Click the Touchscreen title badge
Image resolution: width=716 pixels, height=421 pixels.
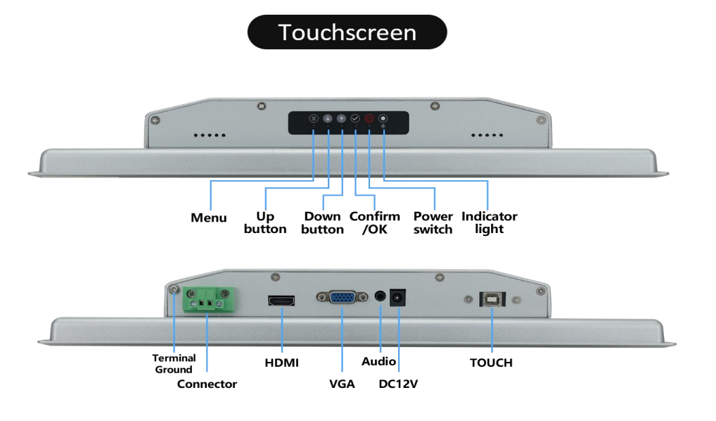pos(347,32)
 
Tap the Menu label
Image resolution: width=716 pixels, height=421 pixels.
pos(209,218)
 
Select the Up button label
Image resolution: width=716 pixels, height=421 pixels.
pos(265,222)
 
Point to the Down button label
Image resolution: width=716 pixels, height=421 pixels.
pos(322,222)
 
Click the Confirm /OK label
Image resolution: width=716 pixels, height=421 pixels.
pos(374,222)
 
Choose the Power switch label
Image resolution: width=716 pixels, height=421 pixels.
pos(433,222)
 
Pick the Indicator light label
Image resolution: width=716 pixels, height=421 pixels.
pos(489,222)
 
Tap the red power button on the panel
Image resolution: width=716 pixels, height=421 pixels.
pos(369,119)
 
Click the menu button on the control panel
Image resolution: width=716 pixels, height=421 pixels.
pos(314,119)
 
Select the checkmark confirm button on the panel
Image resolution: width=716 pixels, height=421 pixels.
pos(355,119)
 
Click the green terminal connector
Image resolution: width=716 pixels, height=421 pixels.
pos(207,301)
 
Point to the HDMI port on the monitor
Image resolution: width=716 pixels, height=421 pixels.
pos(281,301)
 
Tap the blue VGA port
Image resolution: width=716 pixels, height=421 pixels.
pos(341,299)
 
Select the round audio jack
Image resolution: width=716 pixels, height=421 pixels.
pos(381,298)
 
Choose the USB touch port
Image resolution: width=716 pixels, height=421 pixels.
pos(491,299)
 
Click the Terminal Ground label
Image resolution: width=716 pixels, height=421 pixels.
pos(174,363)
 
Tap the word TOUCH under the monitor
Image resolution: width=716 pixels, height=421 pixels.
pos(491,363)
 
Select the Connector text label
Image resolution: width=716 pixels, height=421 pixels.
pos(207,384)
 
